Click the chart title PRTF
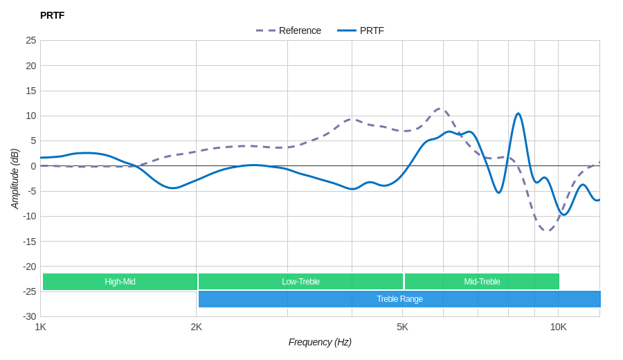pos(52,15)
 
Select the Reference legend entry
pos(289,30)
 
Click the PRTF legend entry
pos(361,30)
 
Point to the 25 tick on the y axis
pos(31,40)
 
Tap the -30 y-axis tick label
pos(29,316)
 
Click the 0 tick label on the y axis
pos(33,166)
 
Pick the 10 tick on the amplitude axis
pos(31,116)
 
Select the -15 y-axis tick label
pos(29,241)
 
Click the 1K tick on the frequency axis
pos(41,327)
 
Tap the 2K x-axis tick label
pos(197,327)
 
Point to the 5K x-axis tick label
pos(402,327)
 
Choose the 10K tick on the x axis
pos(559,327)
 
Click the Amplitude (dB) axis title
pos(15,179)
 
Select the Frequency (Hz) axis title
pos(320,342)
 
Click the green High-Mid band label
pos(120,282)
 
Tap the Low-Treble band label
pos(300,282)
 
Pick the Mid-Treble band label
pos(482,282)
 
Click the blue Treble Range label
pos(399,299)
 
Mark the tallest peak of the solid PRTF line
pos(518,114)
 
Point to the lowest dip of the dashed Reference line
pos(548,230)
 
